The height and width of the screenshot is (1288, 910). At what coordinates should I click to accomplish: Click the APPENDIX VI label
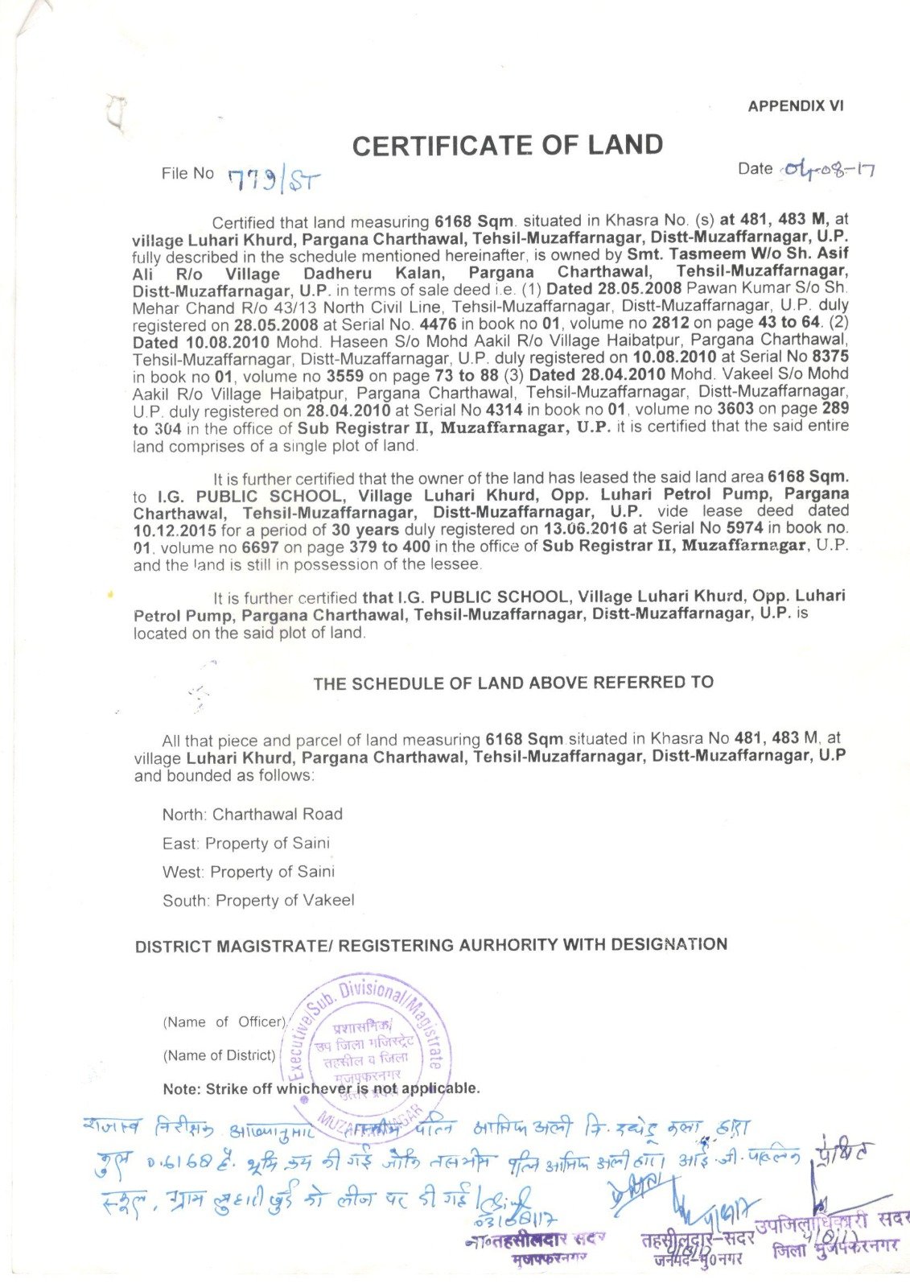[795, 106]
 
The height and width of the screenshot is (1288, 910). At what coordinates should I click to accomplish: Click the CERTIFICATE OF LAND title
[507, 146]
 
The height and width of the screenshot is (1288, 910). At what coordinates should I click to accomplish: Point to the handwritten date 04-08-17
[829, 170]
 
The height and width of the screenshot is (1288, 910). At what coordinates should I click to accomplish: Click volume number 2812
[669, 324]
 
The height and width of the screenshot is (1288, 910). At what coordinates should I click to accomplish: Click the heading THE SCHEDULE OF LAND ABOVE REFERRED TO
[513, 683]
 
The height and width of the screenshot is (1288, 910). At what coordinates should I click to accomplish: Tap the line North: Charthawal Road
[252, 815]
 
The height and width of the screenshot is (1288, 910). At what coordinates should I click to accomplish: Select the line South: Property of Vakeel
[257, 901]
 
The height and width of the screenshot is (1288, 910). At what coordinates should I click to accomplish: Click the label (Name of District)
[219, 1055]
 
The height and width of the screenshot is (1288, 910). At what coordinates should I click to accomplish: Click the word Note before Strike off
[181, 1089]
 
